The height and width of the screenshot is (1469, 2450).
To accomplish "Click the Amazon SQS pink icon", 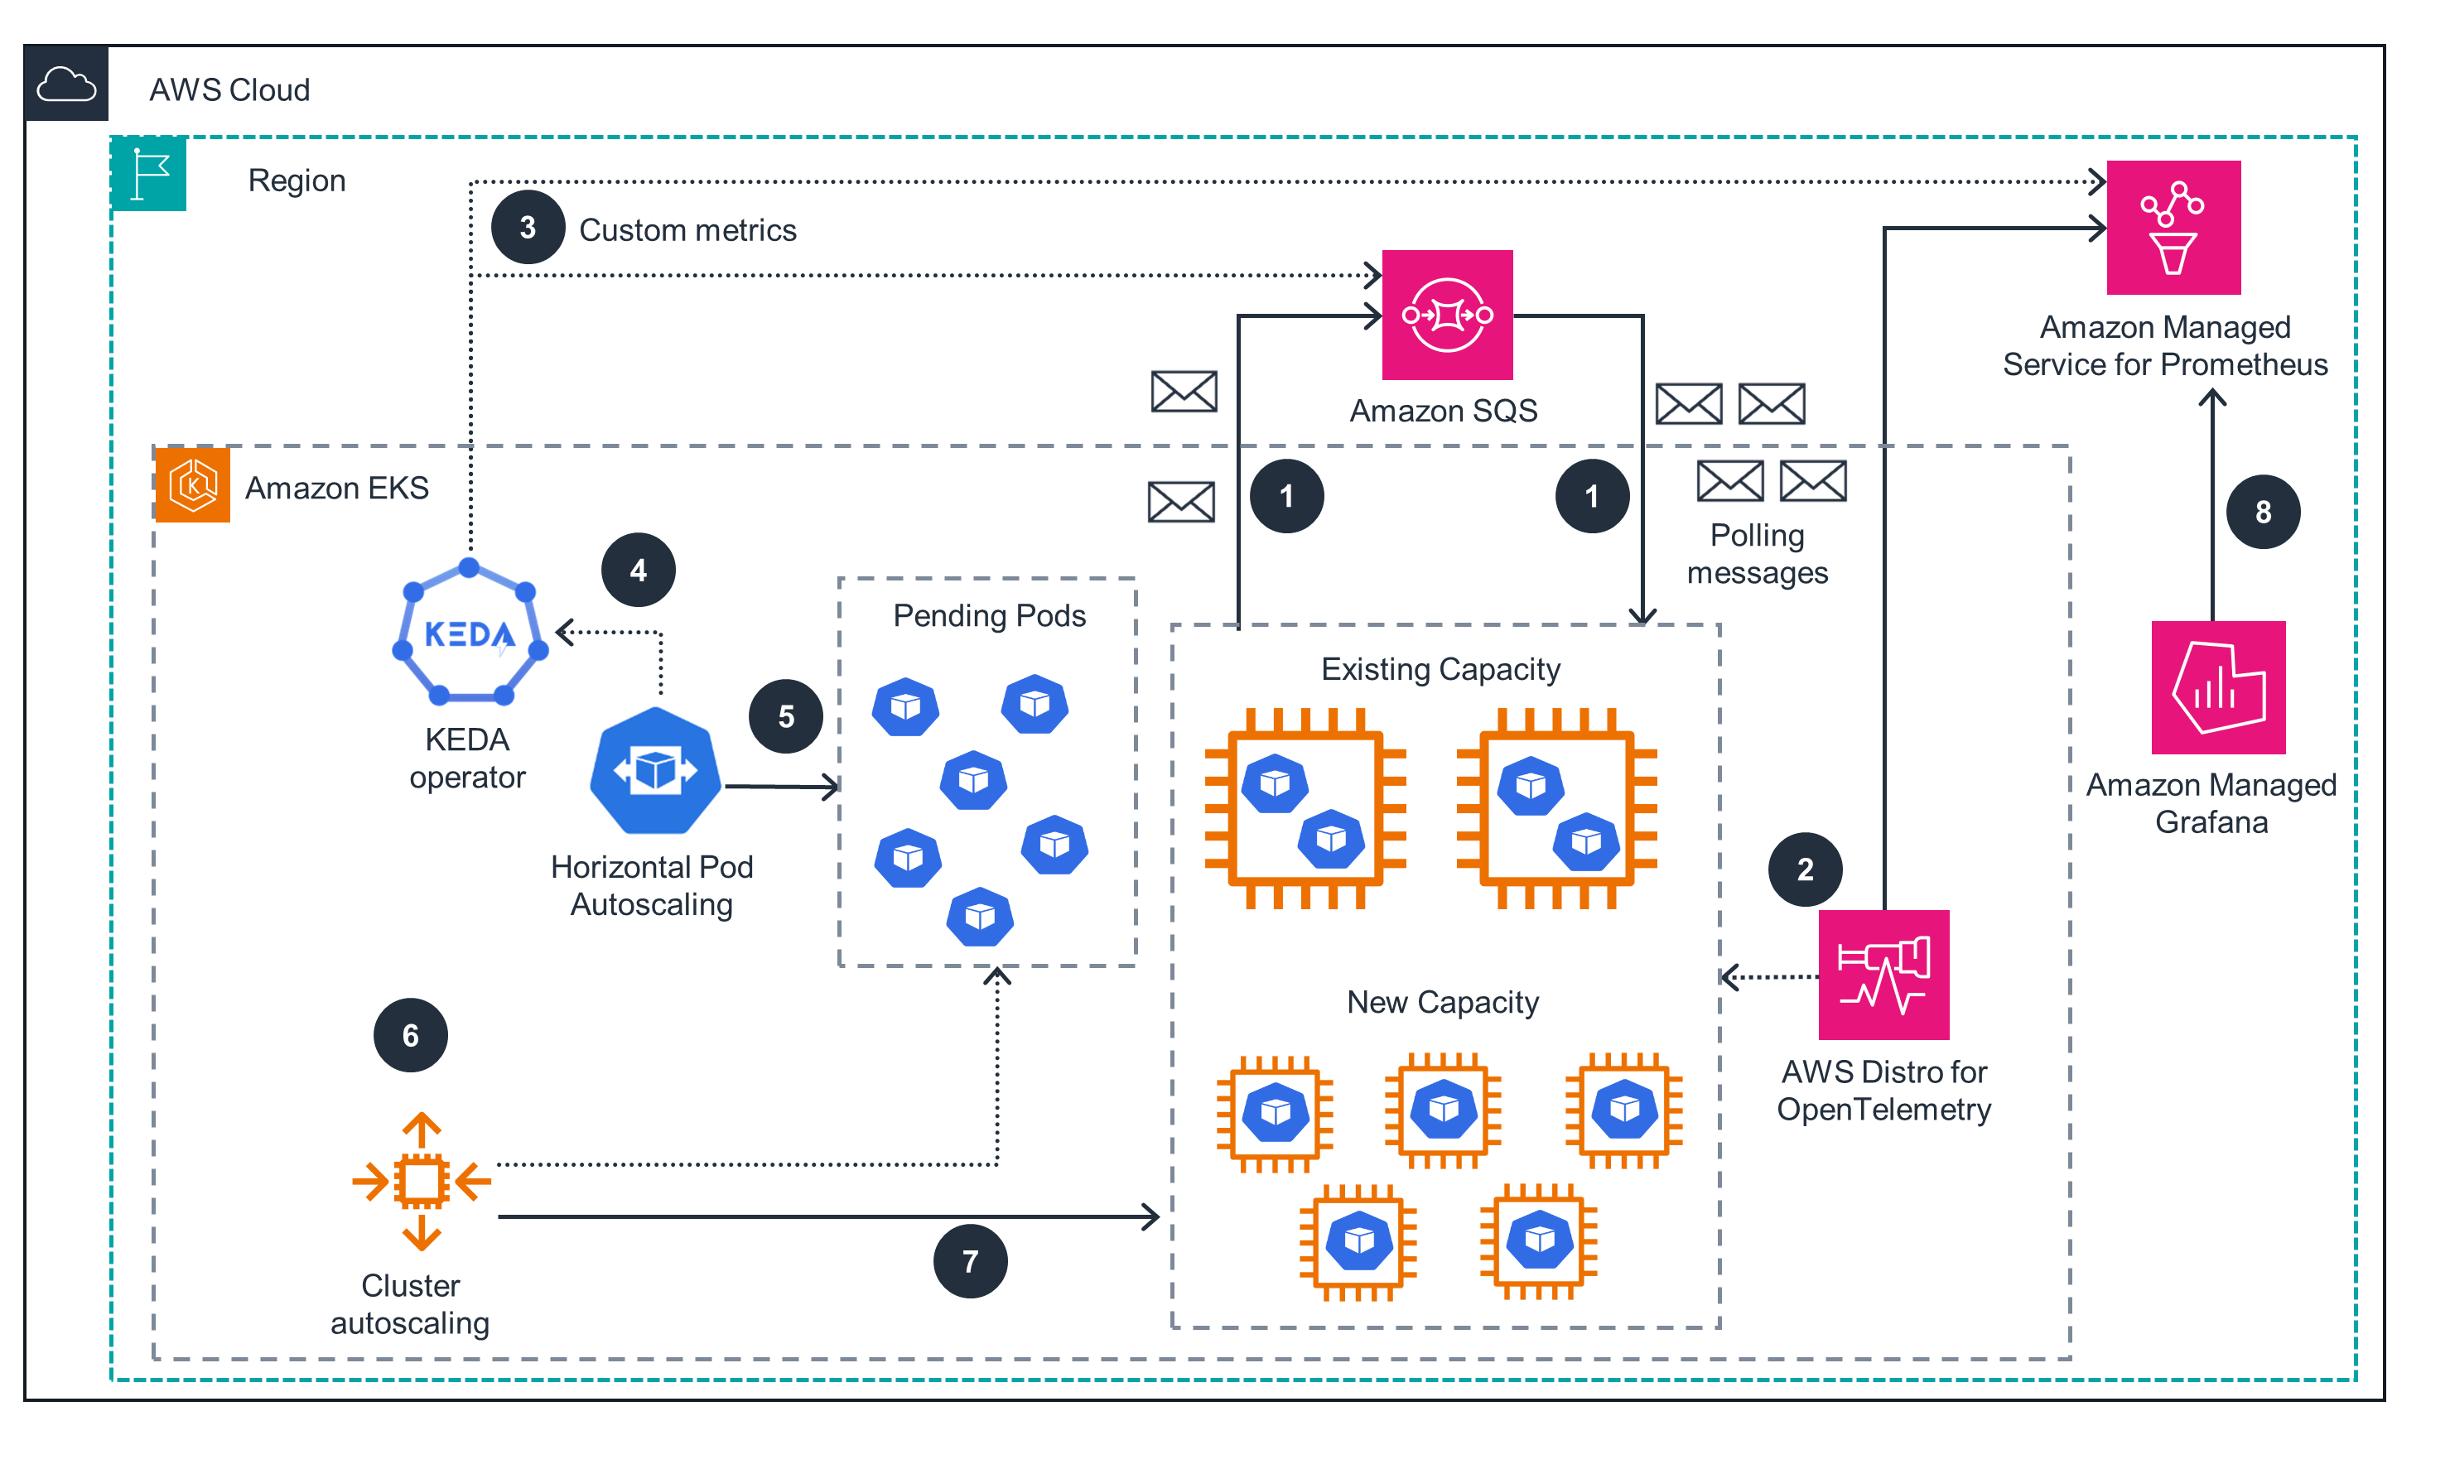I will coord(1446,315).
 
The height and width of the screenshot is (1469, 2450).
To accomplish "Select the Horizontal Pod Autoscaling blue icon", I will coord(654,770).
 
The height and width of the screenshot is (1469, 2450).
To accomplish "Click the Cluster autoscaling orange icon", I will coord(422,1180).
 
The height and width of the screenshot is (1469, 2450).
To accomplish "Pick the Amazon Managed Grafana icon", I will coord(2217,687).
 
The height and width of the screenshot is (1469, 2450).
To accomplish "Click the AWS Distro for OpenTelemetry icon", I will coord(1883,974).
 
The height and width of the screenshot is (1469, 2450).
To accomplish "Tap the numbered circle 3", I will coord(528,228).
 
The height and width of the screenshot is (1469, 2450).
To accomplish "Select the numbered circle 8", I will coord(2262,512).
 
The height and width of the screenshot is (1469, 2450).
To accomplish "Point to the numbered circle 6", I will coord(410,1035).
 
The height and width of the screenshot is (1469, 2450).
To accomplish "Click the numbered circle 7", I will coord(970,1261).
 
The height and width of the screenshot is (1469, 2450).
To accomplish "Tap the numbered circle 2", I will coord(1805,869).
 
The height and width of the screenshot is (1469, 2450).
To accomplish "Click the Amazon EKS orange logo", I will coord(193,485).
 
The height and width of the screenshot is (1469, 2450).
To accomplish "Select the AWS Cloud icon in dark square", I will coord(66,84).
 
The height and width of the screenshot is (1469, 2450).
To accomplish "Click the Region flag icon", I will coord(149,174).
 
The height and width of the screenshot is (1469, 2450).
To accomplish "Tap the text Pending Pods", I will coord(988,616).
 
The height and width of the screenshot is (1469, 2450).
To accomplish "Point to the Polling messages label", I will coord(1756,553).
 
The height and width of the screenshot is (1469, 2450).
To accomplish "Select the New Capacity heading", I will coord(1442,1002).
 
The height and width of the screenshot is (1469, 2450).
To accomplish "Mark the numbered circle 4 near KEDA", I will coord(639,571).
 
